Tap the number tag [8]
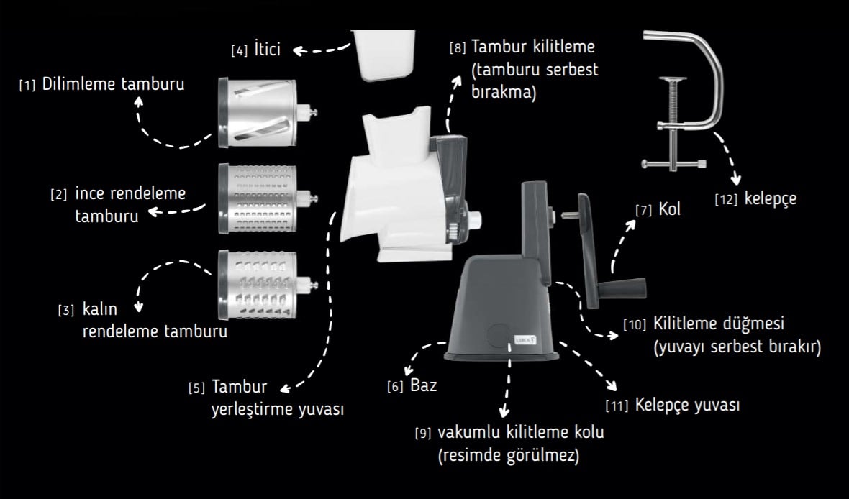458,49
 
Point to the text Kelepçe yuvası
687,405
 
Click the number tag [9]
423,434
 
